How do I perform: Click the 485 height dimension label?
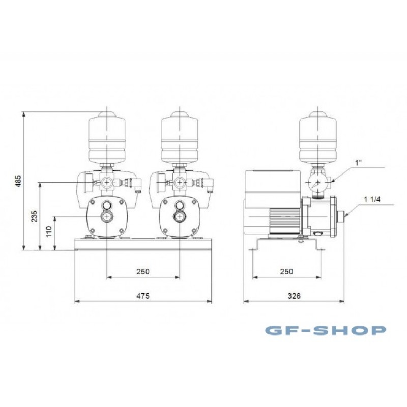tap(18, 181)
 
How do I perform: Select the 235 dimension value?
tap(34, 216)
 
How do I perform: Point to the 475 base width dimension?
tap(143, 296)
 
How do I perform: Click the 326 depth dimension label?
tap(294, 296)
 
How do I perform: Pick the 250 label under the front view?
tap(143, 271)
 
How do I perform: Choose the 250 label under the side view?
tap(286, 271)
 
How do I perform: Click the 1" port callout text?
tap(359, 163)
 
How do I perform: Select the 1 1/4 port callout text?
tap(372, 199)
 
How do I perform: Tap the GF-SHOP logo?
tap(326, 330)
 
